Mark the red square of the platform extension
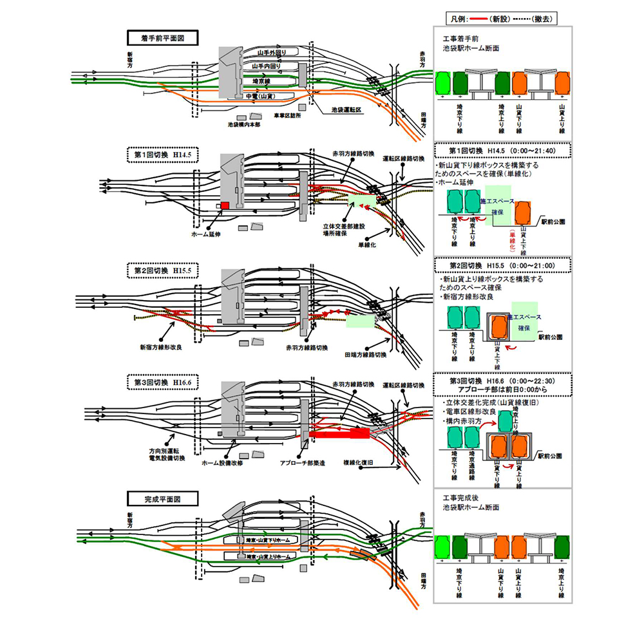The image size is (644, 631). pos(225,205)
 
